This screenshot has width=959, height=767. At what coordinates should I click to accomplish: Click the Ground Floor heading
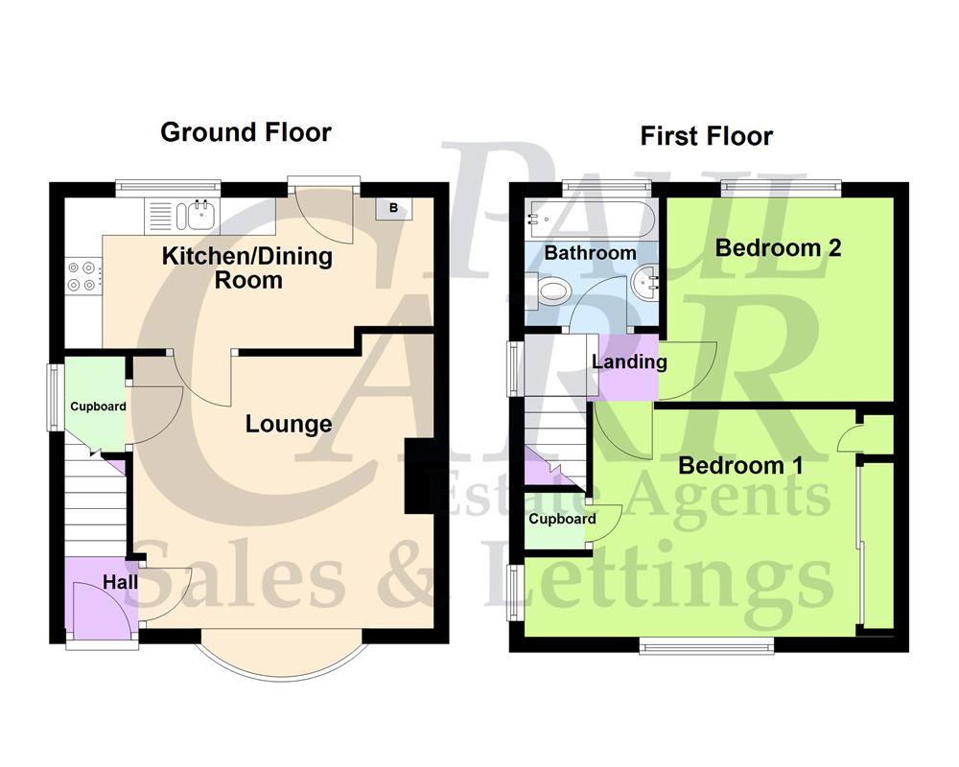246,132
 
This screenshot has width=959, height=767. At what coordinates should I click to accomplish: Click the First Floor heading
707,136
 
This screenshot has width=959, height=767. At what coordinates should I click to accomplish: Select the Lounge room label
289,424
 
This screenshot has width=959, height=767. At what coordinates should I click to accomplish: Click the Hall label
120,582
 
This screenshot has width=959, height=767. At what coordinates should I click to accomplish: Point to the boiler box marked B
393,208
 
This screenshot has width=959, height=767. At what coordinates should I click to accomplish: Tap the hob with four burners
82,276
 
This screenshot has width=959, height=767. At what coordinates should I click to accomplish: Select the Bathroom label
590,253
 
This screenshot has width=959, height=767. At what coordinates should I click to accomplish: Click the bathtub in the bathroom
591,219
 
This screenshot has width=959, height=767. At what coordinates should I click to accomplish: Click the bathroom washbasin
644,284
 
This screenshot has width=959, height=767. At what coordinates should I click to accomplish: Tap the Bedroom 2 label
779,247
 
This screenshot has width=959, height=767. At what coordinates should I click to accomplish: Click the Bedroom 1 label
740,466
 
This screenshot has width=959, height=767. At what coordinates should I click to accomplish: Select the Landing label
629,362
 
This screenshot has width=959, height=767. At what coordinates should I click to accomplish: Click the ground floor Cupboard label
98,407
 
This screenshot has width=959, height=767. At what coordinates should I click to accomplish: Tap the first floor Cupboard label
562,520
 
